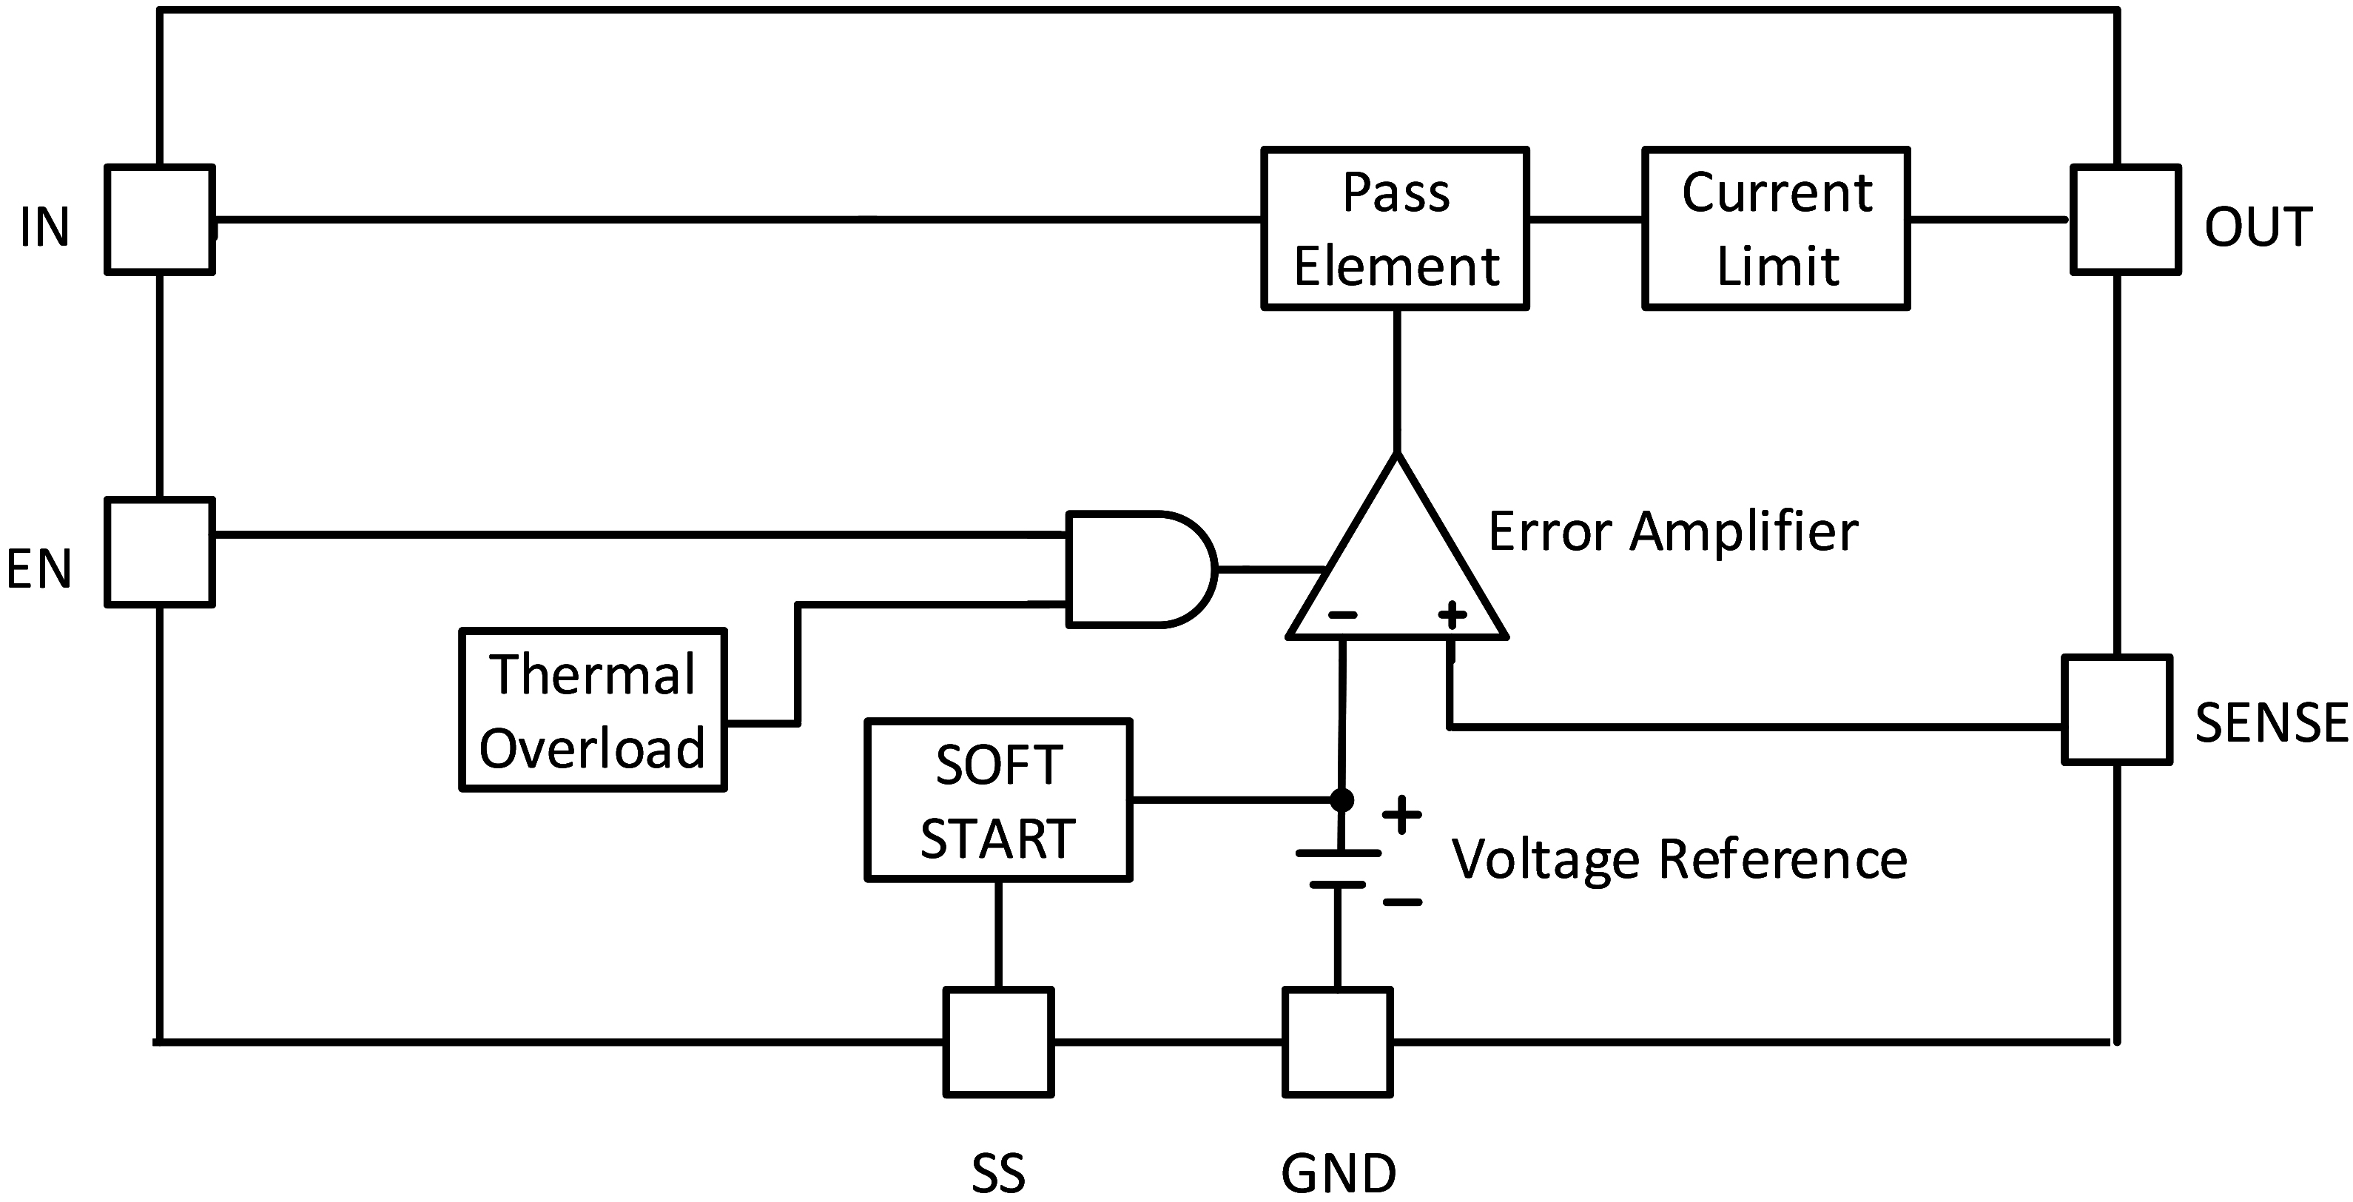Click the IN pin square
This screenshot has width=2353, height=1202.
click(160, 219)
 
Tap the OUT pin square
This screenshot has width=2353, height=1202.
click(2126, 219)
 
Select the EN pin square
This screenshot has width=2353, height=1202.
click(160, 551)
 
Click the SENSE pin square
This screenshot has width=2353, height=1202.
click(2116, 709)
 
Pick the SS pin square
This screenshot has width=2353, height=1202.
click(998, 1041)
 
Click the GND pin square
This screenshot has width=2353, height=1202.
click(1337, 1041)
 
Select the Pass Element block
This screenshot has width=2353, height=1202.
click(1395, 229)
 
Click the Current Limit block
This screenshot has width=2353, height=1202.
click(1776, 229)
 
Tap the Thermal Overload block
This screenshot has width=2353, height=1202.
click(593, 709)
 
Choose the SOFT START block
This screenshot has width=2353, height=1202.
click(998, 800)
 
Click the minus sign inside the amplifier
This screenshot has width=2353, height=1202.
click(1342, 615)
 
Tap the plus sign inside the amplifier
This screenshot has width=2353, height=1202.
click(1452, 615)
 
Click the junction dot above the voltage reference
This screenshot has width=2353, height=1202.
click(1341, 800)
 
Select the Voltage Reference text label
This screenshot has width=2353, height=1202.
click(1679, 859)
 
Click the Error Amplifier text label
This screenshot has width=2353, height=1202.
click(1672, 531)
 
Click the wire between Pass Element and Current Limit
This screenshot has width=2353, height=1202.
click(1585, 219)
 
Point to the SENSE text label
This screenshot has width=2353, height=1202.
click(2271, 722)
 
